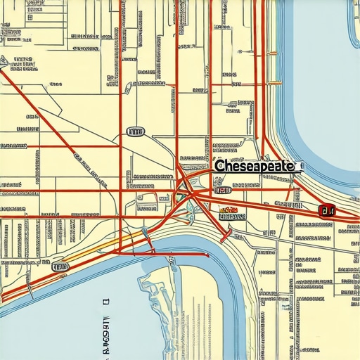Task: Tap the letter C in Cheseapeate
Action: point(219,167)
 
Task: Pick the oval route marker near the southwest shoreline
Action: point(60,267)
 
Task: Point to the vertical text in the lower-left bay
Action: point(106,331)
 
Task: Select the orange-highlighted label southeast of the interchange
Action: point(230,210)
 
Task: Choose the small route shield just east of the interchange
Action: point(223,190)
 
